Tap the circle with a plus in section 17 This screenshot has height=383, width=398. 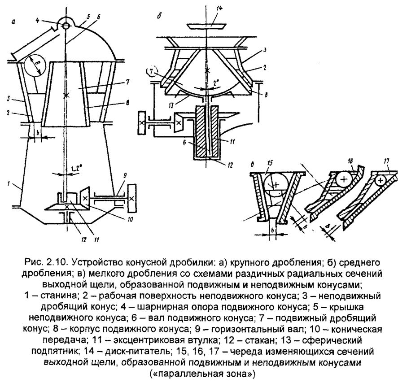(381, 180)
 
